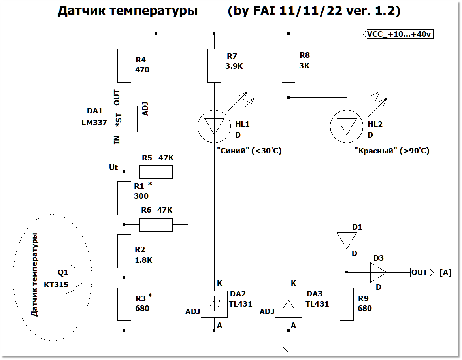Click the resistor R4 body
tap(124, 66)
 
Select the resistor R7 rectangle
tap(214, 66)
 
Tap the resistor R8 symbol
tap(289, 66)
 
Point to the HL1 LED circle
tap(214, 126)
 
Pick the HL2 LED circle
tap(347, 126)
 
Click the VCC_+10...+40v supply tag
tap(398, 34)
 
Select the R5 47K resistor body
tap(156, 172)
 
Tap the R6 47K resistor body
tap(156, 224)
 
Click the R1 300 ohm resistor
tap(124, 198)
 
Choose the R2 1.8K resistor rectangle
tap(124, 251)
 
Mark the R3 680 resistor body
tap(124, 304)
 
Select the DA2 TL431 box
tap(214, 304)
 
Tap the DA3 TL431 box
tap(289, 304)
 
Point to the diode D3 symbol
tap(378, 272)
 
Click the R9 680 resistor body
tap(347, 304)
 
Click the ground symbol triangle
tap(289, 349)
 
